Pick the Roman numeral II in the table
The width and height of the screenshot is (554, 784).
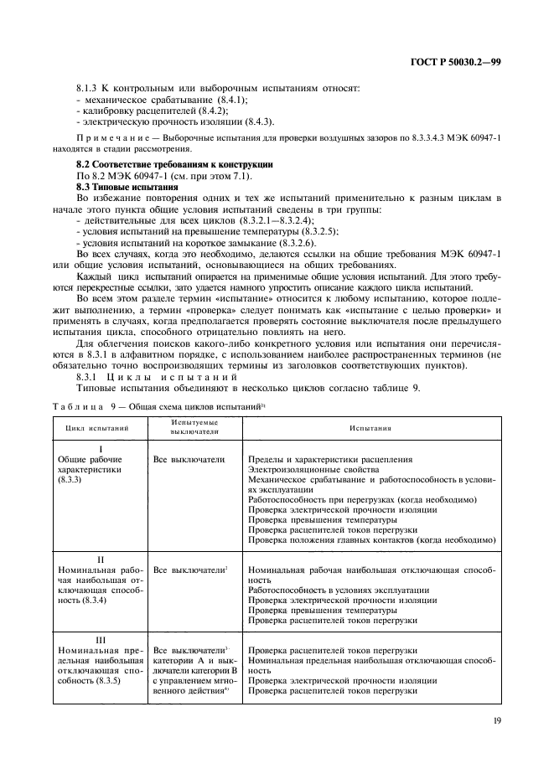coord(100,558)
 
